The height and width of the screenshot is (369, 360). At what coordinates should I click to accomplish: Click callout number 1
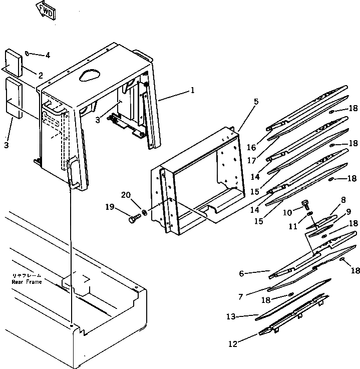(192, 92)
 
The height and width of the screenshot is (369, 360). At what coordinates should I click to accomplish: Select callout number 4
(48, 55)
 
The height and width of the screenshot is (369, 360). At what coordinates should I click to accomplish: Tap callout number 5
(256, 102)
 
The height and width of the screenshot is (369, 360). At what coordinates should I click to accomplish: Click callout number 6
(241, 273)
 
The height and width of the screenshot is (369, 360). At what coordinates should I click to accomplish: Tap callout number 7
(241, 297)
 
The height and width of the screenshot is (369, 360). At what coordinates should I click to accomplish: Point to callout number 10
(287, 213)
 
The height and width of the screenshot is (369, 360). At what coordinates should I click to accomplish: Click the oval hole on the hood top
(90, 75)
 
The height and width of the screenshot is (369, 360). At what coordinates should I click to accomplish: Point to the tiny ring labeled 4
(28, 53)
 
